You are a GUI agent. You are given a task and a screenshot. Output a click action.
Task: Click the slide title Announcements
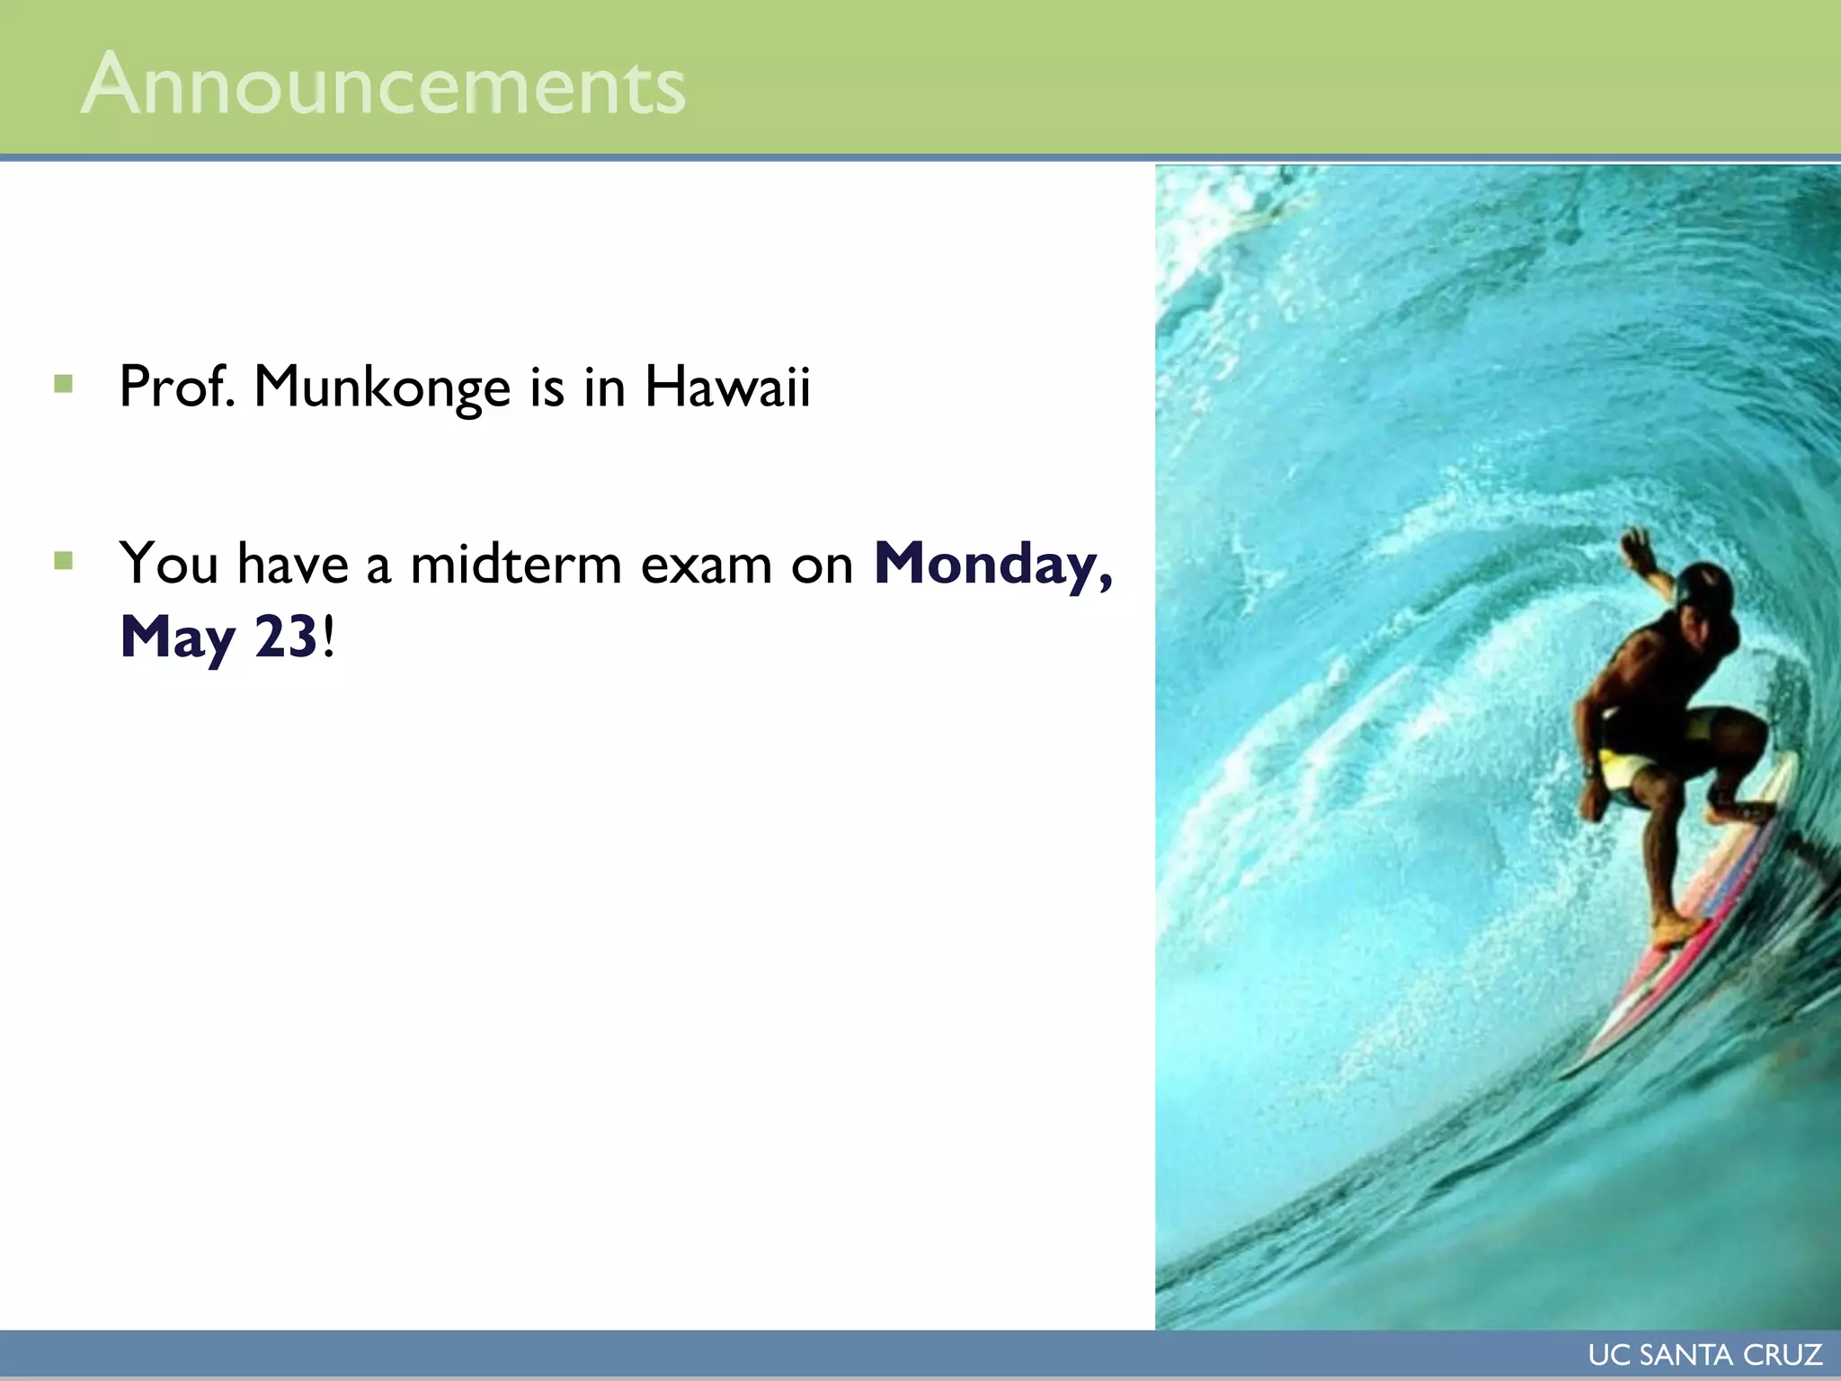383,85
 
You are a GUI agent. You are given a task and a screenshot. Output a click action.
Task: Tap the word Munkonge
382,388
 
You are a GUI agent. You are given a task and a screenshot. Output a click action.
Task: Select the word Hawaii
727,387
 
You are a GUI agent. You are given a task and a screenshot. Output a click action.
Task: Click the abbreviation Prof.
177,387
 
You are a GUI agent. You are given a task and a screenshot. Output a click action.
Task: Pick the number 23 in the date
286,637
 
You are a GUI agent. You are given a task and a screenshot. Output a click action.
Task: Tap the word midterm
516,565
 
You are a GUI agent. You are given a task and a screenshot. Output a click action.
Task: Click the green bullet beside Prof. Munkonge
63,385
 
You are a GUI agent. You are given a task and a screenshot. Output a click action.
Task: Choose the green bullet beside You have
63,562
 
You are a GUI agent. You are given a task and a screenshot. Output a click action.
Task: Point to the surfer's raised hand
1638,545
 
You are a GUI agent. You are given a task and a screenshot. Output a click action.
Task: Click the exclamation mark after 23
329,637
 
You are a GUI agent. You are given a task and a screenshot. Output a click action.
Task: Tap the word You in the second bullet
169,565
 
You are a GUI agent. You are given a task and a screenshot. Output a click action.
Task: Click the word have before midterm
292,565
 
